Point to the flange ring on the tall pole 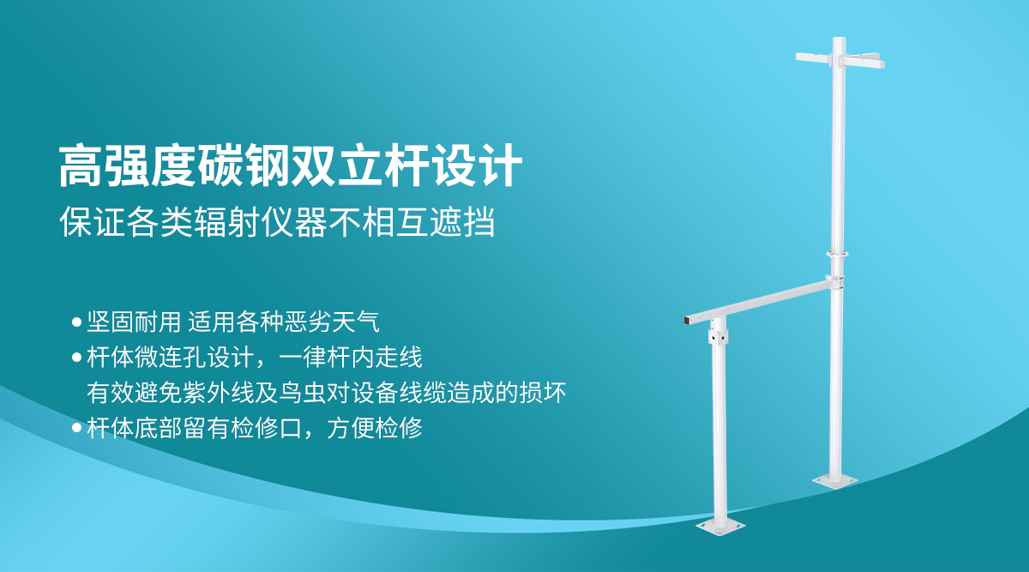pos(838,253)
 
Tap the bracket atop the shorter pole pos(718,335)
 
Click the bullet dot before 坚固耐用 pos(76,323)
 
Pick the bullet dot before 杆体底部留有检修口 pos(76,427)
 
